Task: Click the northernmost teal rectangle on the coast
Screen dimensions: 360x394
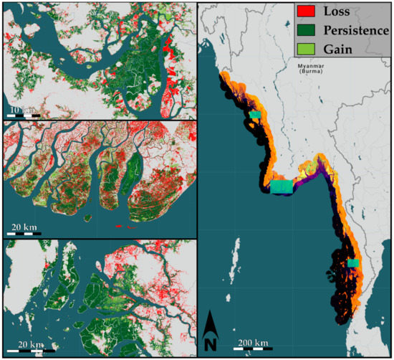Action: tap(255, 114)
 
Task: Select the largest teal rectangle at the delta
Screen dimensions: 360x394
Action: tap(282, 186)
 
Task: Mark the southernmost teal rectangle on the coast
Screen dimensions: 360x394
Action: tap(352, 263)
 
